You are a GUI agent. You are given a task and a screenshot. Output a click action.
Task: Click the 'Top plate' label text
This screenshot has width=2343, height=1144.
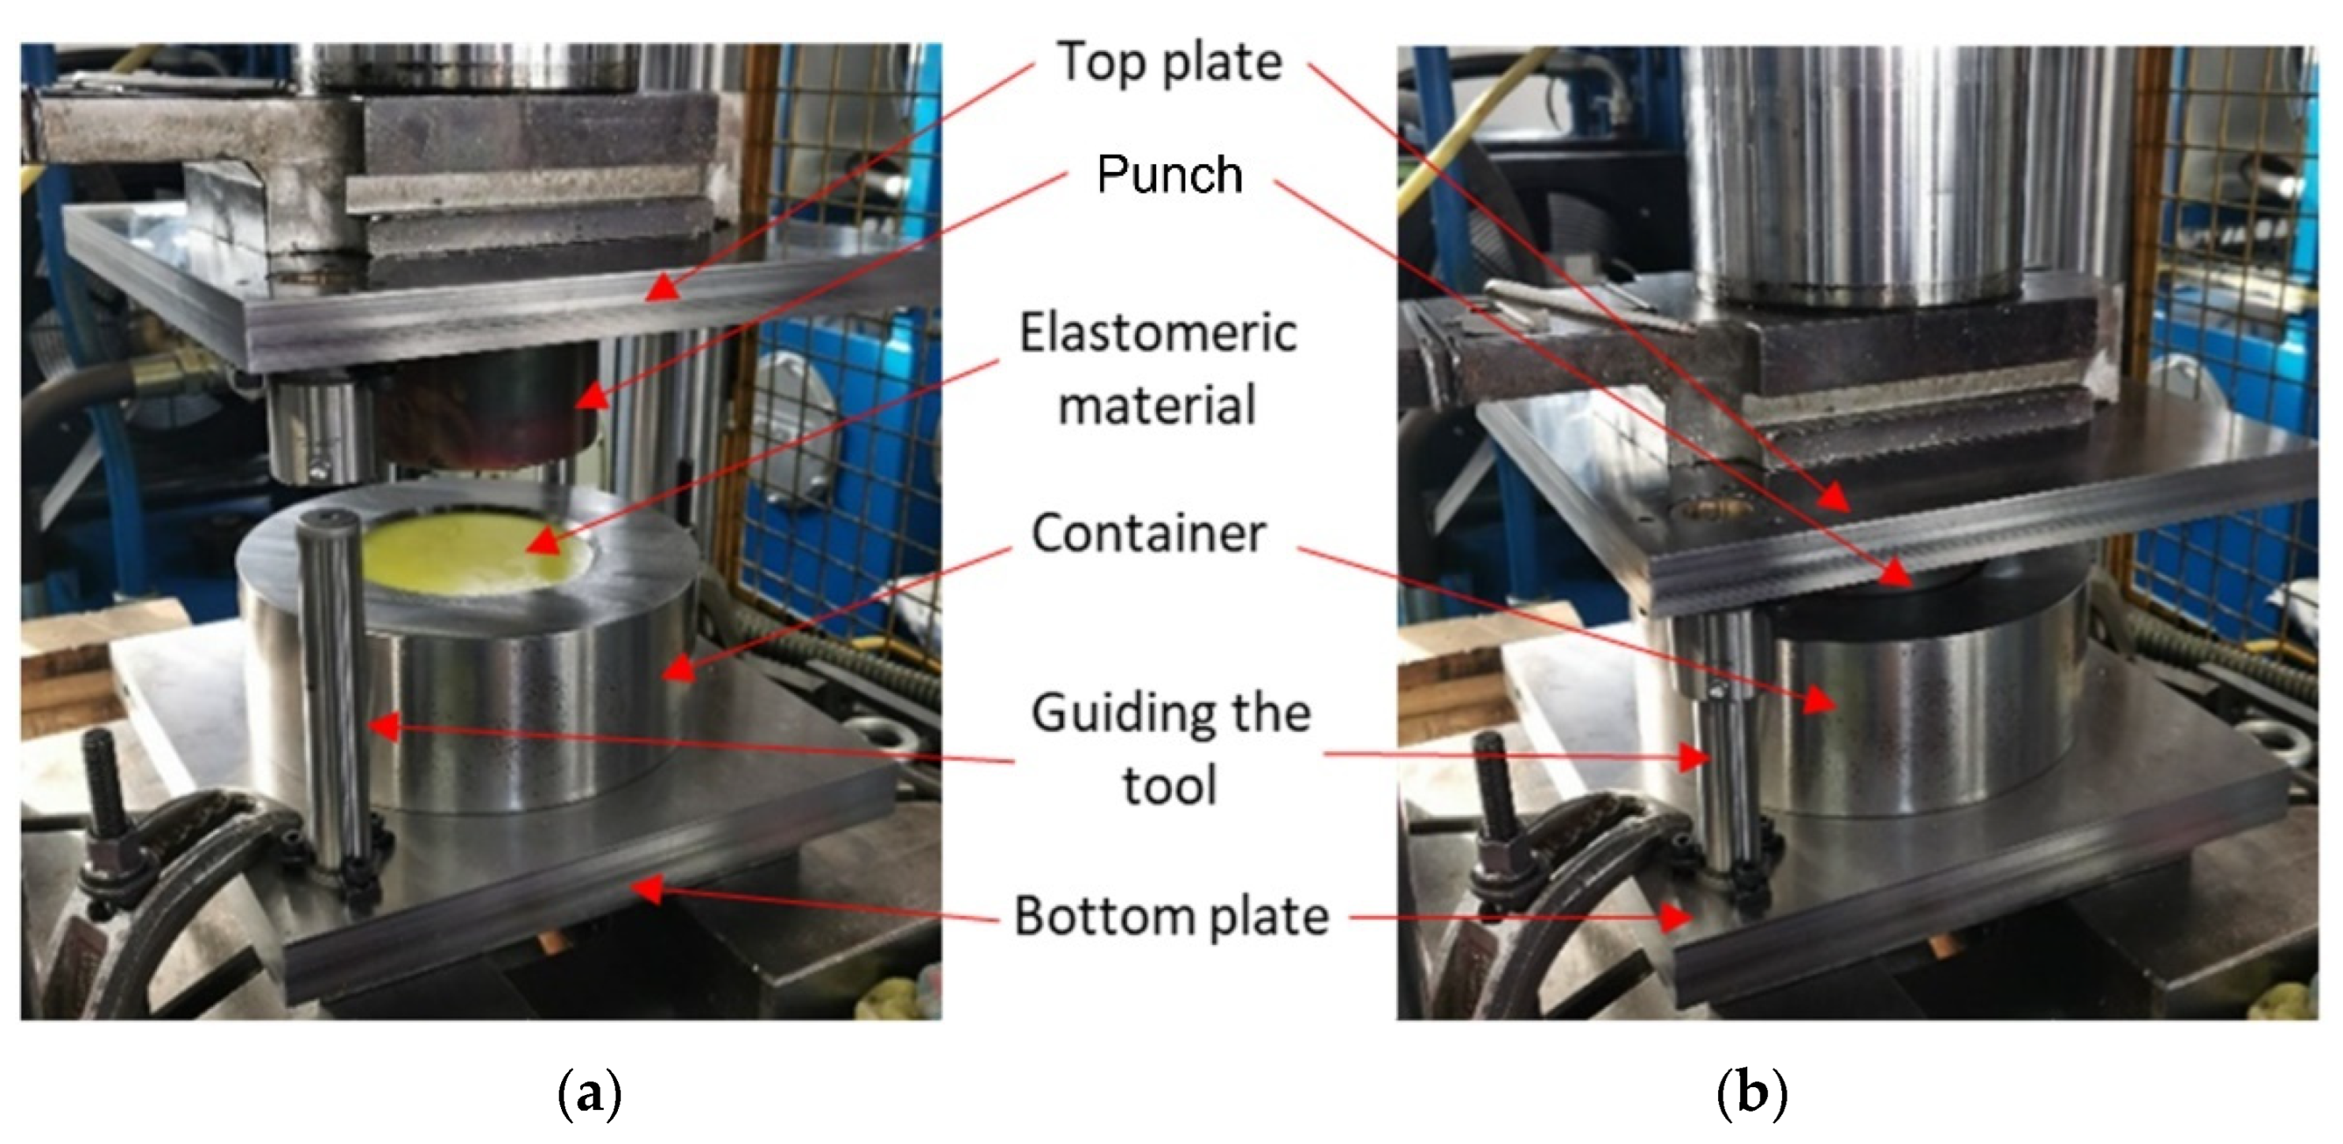click(1170, 63)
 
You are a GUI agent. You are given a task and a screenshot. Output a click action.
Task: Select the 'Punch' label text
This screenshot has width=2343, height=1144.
click(1170, 174)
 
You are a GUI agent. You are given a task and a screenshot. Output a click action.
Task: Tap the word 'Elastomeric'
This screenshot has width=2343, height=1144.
click(1158, 333)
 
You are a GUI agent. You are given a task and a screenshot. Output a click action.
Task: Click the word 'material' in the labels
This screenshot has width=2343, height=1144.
click(1157, 405)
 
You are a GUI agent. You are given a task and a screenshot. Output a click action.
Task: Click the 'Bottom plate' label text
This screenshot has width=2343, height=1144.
click(1171, 916)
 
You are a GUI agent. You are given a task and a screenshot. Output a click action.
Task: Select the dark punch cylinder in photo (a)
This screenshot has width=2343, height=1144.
click(491, 409)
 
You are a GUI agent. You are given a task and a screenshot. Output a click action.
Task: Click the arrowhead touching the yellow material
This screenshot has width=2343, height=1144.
click(542, 544)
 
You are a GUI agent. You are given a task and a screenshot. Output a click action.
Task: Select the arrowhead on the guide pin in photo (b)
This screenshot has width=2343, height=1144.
click(1694, 757)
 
